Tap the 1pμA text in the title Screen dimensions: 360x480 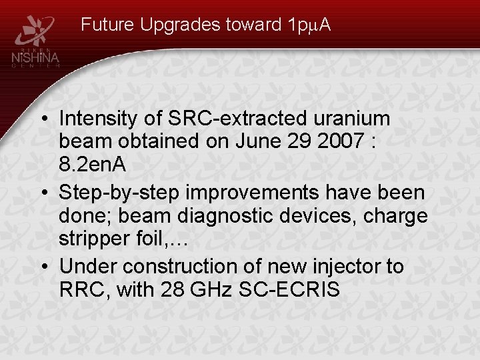coord(306,25)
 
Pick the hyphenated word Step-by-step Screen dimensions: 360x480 coord(120,193)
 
